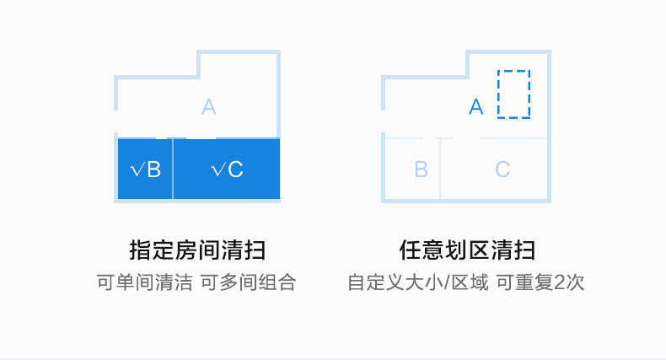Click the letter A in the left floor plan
point(209,107)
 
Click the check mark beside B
point(137,170)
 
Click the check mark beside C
point(218,170)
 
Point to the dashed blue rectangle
point(513,94)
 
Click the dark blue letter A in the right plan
point(476,107)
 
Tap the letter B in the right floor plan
point(422,169)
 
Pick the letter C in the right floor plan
point(502,169)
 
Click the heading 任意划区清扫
point(467,250)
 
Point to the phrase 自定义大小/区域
point(417,282)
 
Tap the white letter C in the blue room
point(235,169)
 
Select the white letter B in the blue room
point(153,169)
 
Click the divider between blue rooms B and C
point(173,169)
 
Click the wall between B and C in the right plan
point(440,169)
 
